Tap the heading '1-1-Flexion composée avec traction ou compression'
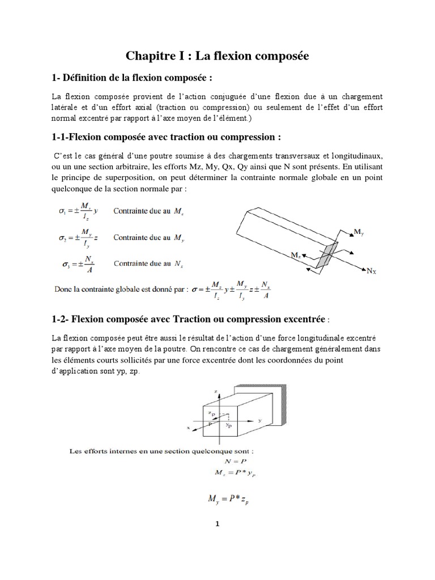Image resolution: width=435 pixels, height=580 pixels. (166, 138)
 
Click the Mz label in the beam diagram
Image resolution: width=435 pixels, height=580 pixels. (295, 256)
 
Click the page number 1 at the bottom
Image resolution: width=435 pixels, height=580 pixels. (217, 524)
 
